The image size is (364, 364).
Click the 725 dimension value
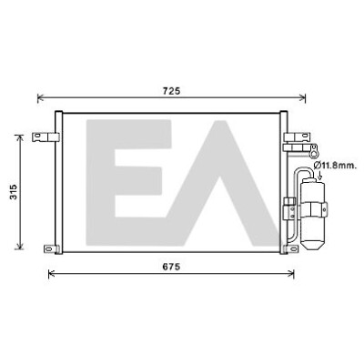click(x=172, y=91)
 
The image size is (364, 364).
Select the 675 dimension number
click(x=171, y=267)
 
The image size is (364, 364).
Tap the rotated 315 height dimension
click(x=14, y=192)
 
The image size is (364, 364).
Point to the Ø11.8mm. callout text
click(x=335, y=166)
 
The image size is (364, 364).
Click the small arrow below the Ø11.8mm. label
click(x=318, y=175)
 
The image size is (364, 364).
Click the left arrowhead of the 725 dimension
click(x=40, y=98)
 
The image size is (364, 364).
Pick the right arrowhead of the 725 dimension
click(x=302, y=98)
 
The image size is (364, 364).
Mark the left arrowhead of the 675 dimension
click(x=52, y=274)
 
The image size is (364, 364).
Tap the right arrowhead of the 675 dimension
click(x=291, y=274)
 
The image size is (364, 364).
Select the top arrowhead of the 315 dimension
click(x=20, y=138)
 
